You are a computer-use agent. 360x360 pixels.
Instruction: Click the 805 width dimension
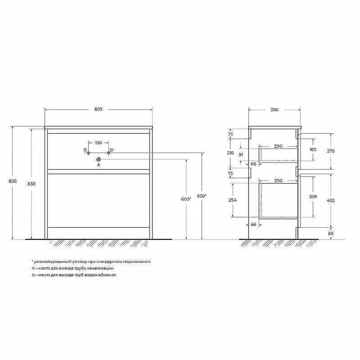99,109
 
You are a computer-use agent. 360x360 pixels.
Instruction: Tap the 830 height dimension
31,184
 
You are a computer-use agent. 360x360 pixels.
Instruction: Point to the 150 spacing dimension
98,143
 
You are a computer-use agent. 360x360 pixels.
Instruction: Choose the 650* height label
202,196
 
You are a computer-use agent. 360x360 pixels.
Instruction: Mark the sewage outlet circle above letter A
98,159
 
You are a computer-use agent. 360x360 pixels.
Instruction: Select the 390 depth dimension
274,109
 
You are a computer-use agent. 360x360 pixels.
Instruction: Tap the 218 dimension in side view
231,153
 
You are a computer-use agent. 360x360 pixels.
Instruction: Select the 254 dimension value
232,200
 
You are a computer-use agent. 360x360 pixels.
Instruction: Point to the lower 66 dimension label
253,224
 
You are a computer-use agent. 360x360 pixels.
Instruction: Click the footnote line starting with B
74,274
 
